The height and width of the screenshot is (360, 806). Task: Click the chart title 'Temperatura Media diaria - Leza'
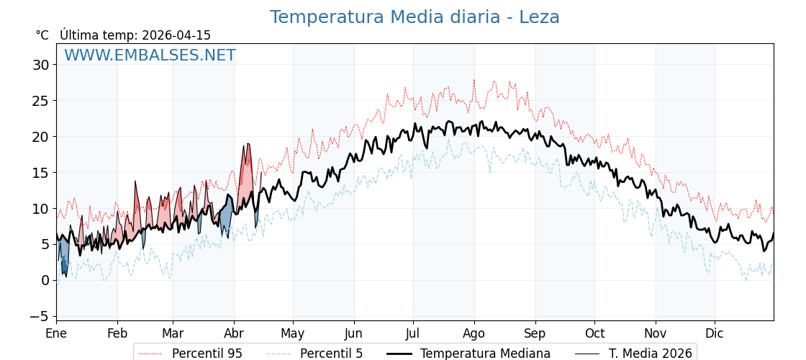(415, 17)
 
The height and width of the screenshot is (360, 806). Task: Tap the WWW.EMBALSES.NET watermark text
(150, 55)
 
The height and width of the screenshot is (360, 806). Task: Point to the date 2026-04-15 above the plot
(176, 35)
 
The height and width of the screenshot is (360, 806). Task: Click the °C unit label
(42, 35)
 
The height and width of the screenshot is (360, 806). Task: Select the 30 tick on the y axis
(40, 65)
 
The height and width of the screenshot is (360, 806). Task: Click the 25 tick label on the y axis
(40, 101)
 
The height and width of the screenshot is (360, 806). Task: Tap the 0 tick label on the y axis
(45, 280)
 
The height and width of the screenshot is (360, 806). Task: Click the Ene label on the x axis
(56, 333)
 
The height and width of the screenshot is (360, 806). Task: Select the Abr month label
(234, 333)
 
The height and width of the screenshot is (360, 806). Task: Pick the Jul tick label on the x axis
(413, 333)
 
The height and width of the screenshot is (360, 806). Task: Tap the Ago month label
(474, 333)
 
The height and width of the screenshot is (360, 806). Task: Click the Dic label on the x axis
(715, 333)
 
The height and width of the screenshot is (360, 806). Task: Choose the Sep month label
(535, 333)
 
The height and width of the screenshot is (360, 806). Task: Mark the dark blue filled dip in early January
(63, 265)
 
